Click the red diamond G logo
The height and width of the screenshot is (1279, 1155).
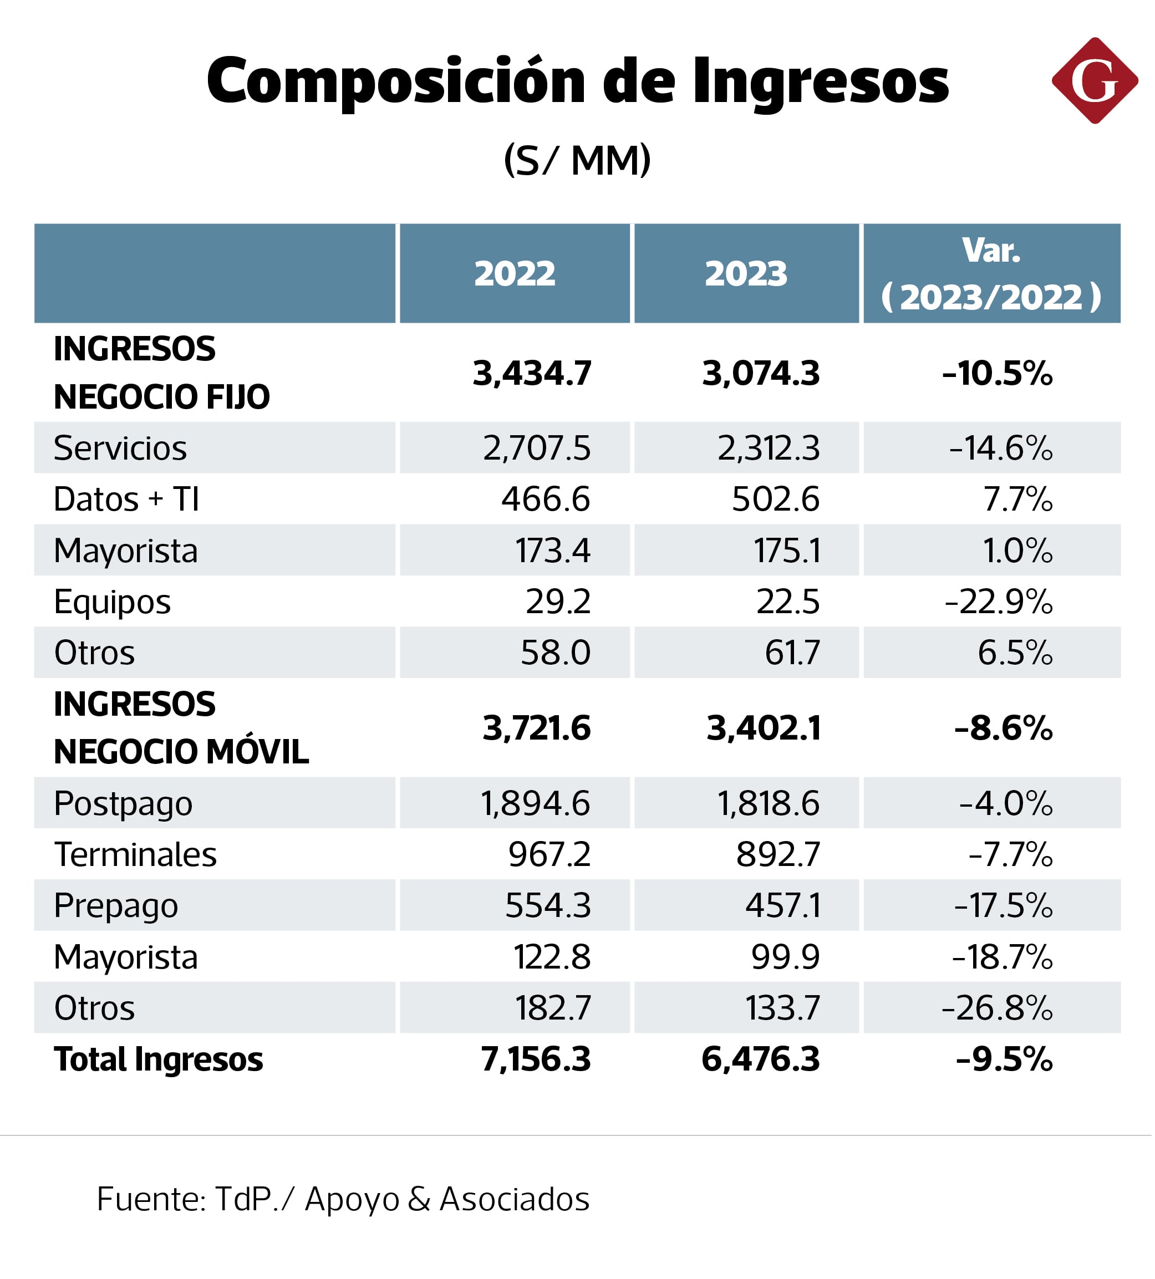click(x=1094, y=80)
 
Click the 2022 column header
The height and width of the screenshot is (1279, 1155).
click(x=515, y=274)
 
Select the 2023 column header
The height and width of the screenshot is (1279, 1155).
click(x=746, y=274)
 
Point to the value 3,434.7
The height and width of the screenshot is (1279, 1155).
click(x=532, y=373)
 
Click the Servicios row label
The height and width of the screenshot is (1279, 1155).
click(x=120, y=449)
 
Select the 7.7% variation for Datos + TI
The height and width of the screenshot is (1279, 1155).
click(x=1017, y=500)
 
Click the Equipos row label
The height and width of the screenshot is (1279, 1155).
click(x=113, y=602)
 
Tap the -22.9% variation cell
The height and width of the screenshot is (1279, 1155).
click(x=998, y=602)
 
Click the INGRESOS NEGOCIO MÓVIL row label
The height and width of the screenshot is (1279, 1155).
click(x=181, y=728)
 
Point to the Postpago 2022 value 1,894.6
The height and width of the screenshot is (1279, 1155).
click(x=535, y=804)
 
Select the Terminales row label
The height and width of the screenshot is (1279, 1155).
click(x=135, y=854)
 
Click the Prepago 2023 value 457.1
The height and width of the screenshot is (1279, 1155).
click(x=782, y=905)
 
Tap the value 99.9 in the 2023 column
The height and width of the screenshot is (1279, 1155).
click(x=785, y=957)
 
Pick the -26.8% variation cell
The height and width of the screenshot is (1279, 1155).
click(x=996, y=1008)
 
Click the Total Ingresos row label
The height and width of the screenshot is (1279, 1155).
click(x=158, y=1059)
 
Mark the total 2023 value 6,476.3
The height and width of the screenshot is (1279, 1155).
click(x=760, y=1059)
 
